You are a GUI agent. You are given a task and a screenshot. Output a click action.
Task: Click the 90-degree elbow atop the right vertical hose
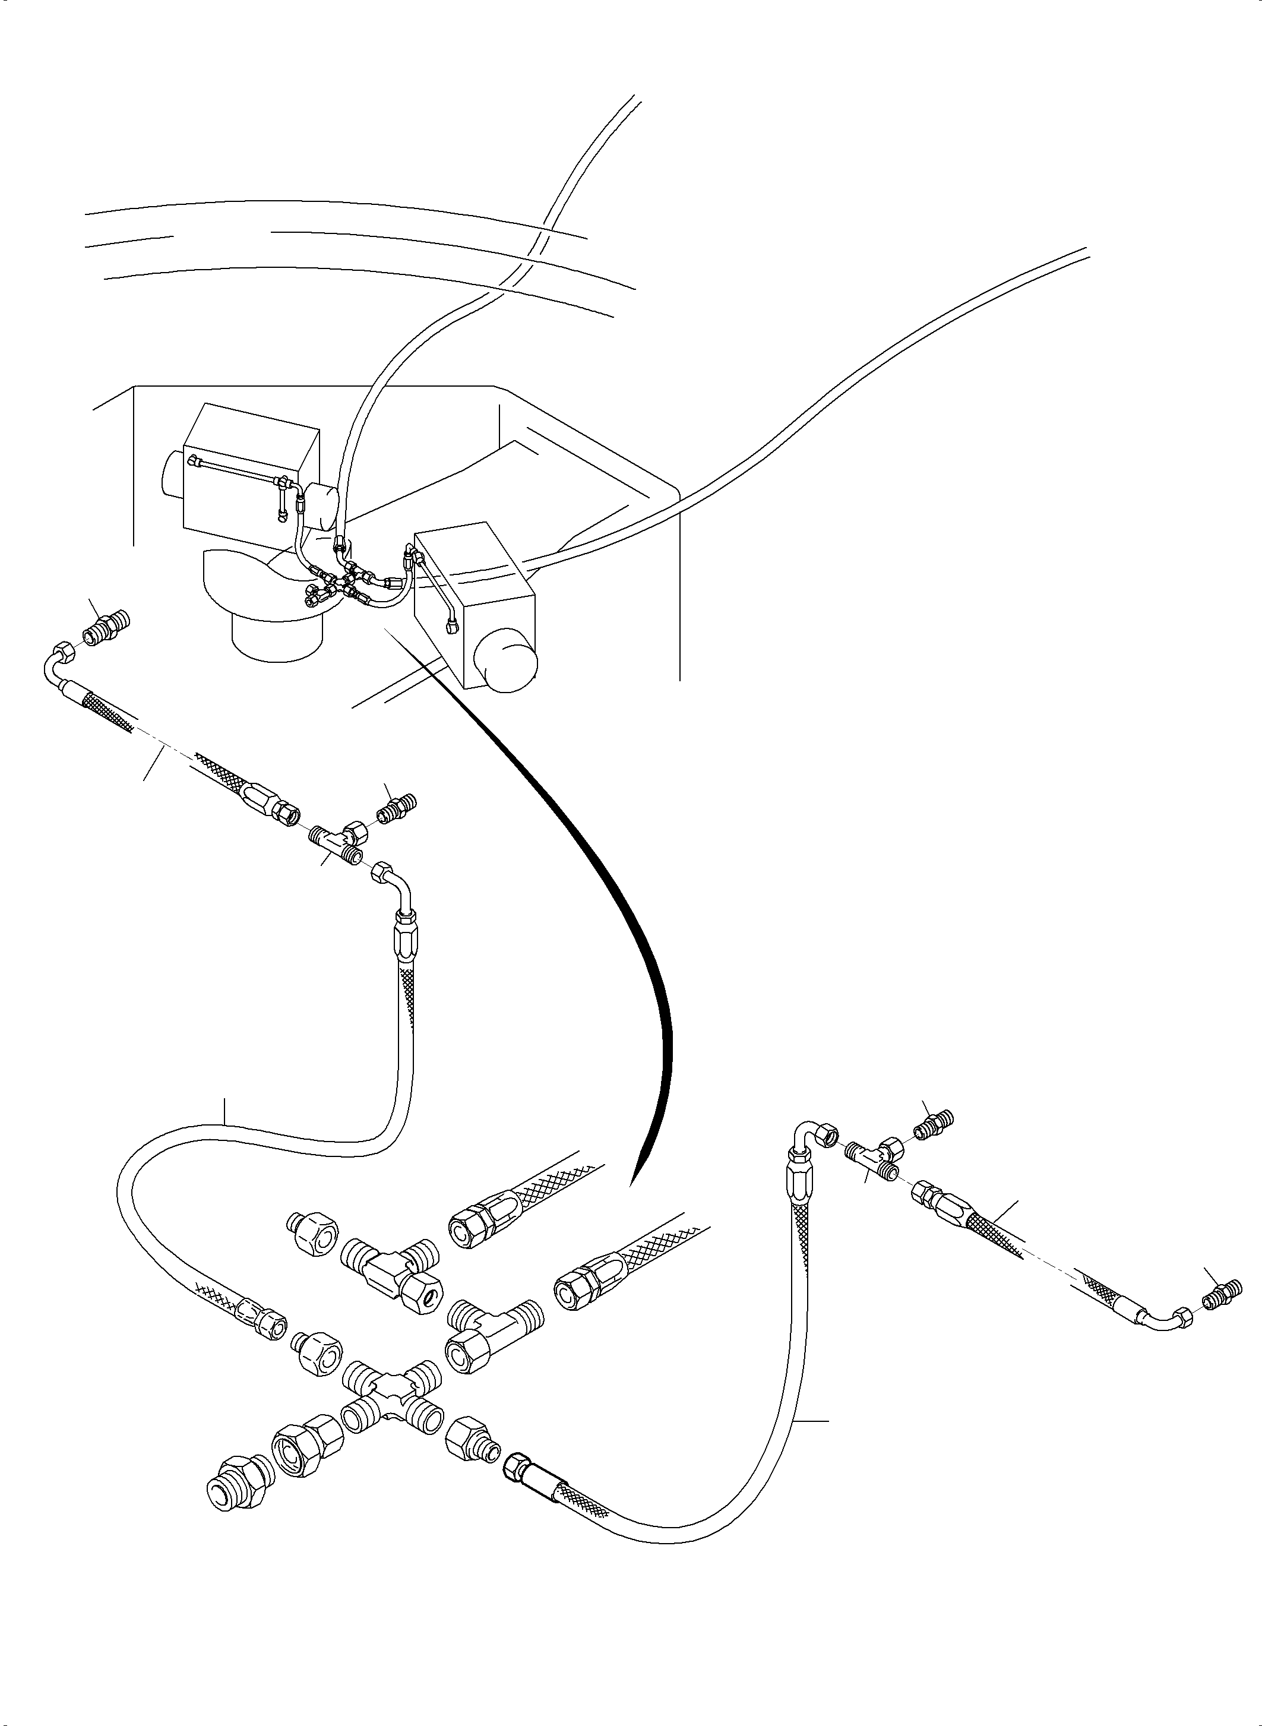point(811,1137)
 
